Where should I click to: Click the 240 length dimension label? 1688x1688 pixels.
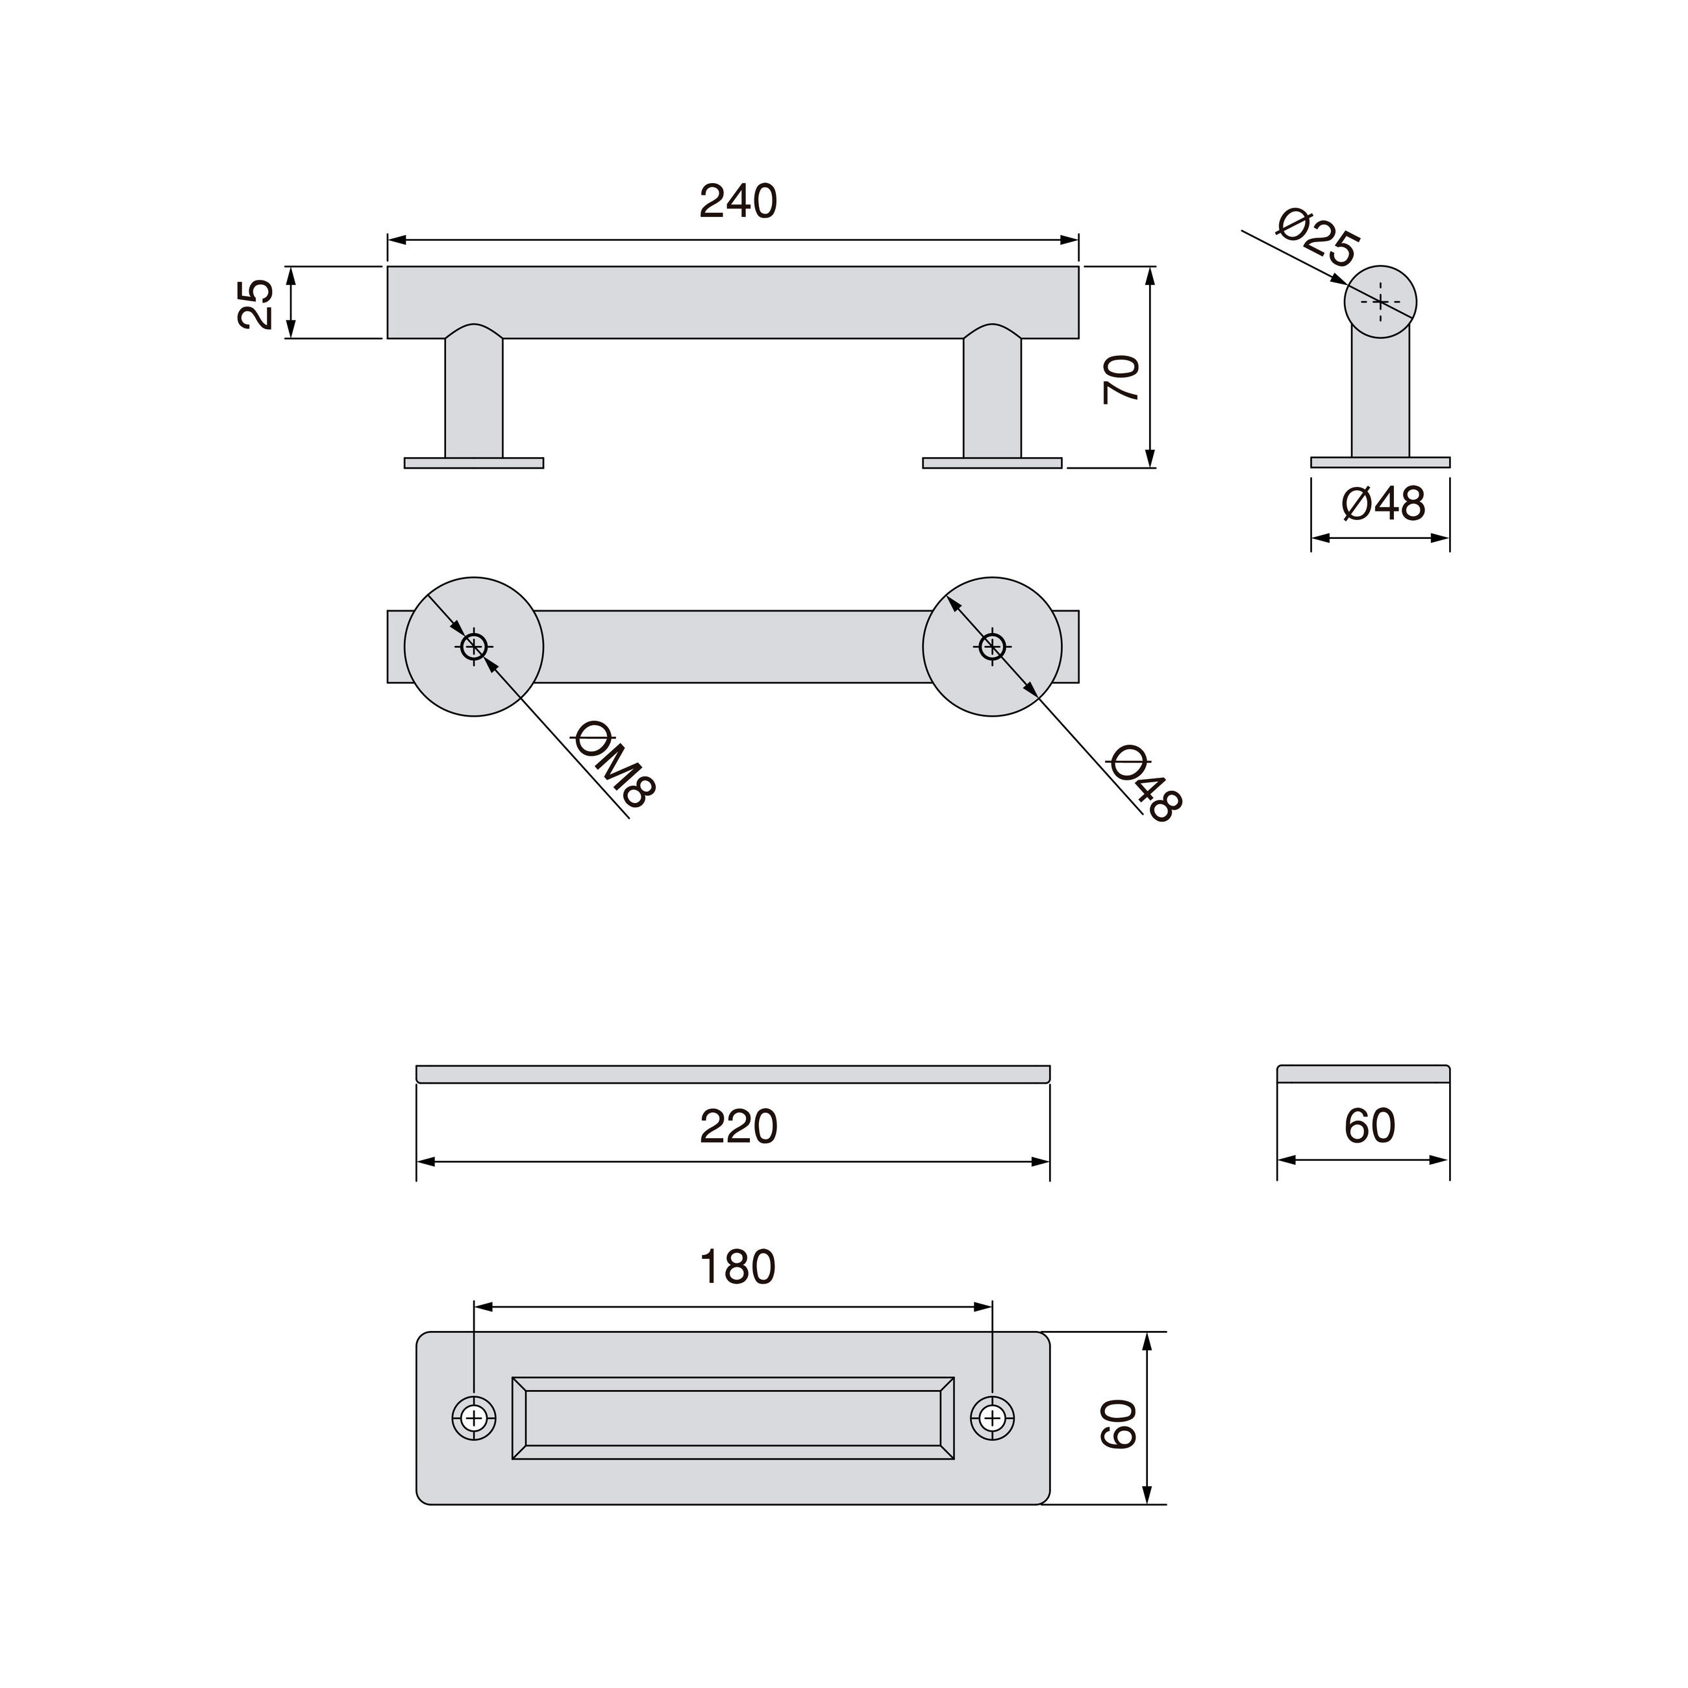tap(738, 202)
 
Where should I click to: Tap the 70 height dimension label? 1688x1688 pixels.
tap(1121, 379)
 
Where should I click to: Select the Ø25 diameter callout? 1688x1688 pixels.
tap(1317, 237)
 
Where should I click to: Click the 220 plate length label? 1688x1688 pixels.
tap(738, 1127)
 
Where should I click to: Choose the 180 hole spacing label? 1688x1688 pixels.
tap(738, 1268)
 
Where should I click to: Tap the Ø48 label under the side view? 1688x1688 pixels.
tap(1383, 504)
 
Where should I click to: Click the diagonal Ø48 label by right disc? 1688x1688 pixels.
tap(1145, 783)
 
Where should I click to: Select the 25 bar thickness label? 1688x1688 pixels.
tap(256, 303)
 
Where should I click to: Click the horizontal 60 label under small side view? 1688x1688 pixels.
tap(1369, 1126)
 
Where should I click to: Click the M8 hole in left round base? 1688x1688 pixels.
tap(473, 647)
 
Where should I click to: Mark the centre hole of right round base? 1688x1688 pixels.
tap(991, 647)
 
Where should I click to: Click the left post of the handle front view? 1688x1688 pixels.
tap(473, 397)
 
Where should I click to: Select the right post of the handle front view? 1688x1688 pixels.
tap(991, 397)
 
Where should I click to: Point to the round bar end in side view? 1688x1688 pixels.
tap(1380, 301)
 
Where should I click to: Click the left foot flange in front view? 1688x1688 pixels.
tap(473, 463)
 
